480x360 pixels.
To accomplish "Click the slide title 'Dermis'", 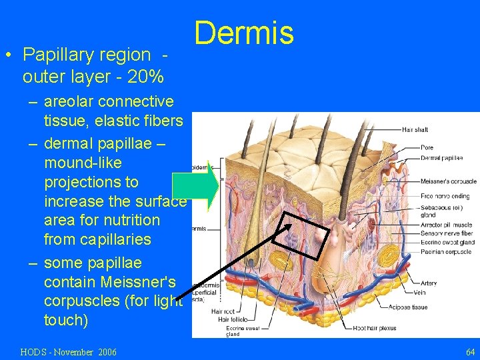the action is click(244, 33).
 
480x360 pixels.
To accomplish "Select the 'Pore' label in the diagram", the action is click(427, 147).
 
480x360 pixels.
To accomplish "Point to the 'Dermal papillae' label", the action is click(441, 158).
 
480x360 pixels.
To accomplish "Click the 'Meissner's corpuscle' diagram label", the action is click(448, 181).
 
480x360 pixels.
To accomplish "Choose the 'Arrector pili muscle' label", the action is click(445, 225).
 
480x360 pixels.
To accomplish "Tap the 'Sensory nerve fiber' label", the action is click(446, 234).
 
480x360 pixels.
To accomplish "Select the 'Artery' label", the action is click(429, 283).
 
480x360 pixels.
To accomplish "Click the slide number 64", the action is click(471, 351).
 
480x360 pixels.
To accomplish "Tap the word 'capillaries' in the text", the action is click(117, 239).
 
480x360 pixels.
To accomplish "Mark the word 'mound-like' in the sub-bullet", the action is click(83, 163).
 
